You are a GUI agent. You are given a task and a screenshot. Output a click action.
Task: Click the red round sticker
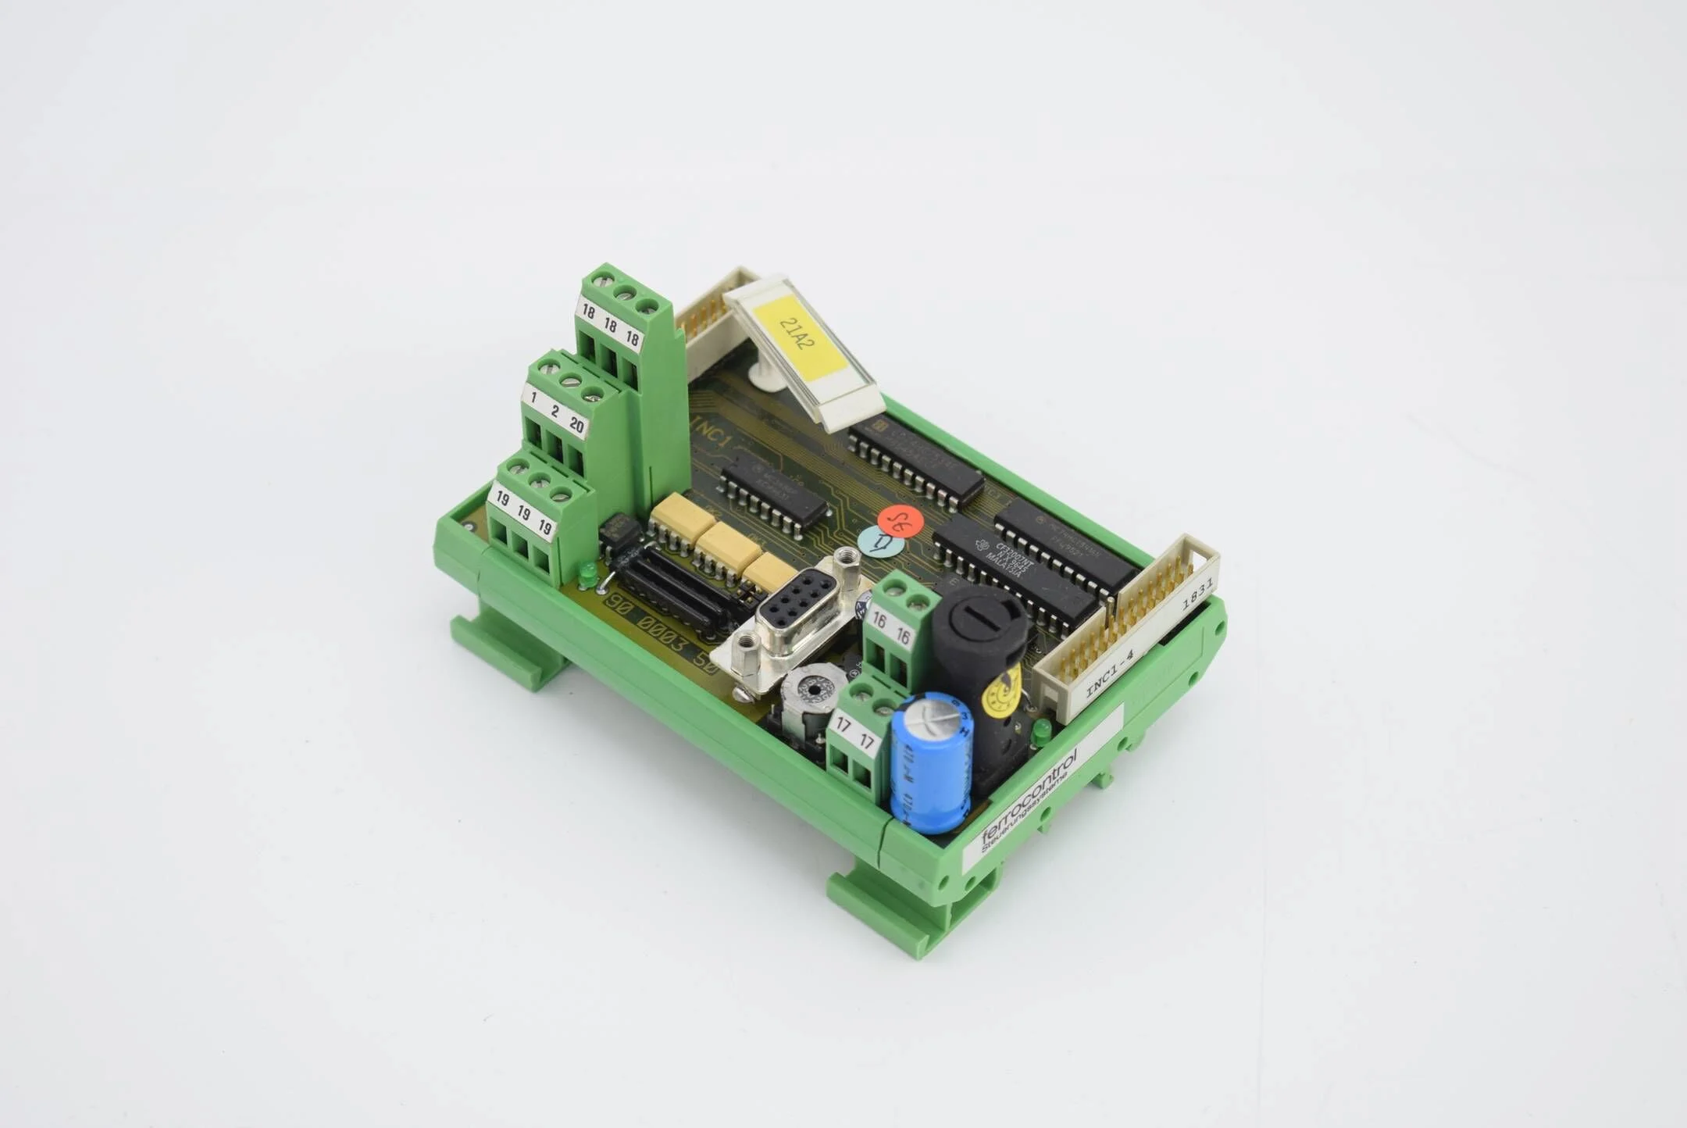click(900, 522)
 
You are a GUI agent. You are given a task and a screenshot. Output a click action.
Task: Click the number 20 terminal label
click(576, 426)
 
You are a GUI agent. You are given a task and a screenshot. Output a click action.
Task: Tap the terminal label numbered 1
click(533, 398)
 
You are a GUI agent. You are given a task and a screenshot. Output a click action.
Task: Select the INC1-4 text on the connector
click(1109, 672)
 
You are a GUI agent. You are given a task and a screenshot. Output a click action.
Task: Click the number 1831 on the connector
click(1197, 594)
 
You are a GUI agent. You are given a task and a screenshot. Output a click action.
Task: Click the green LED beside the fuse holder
click(1041, 733)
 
